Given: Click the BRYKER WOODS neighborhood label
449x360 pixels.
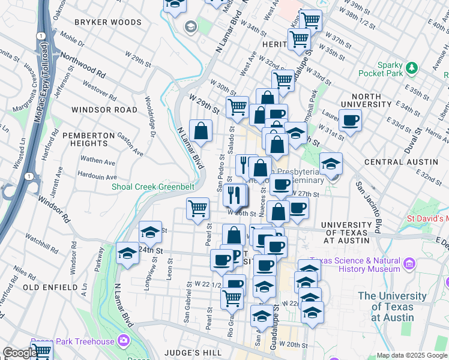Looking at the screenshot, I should coord(108,22).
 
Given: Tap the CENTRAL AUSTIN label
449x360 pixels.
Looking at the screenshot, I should coord(401,162).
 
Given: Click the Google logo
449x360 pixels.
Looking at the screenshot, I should coord(20,353).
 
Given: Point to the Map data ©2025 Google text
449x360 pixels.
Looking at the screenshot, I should coord(411,355).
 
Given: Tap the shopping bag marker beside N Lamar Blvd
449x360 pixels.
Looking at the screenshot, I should coord(200,131).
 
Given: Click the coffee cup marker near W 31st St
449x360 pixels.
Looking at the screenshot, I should coord(351,120).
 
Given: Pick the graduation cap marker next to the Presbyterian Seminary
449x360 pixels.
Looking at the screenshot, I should coord(330,163).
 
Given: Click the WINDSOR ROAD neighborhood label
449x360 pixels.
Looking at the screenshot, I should coord(104,110).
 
